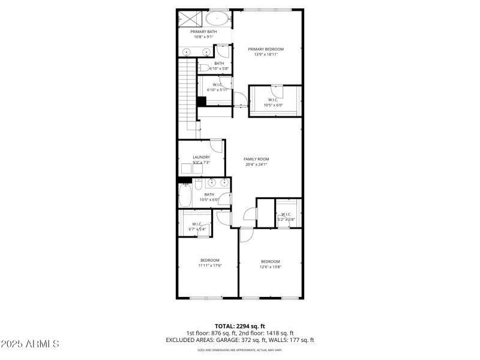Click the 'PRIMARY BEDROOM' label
[266, 49]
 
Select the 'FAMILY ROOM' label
[256, 159]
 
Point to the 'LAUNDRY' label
[201, 157]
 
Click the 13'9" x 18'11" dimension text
[266, 55]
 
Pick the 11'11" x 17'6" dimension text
[211, 265]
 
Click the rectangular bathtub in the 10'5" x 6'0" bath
[185, 195]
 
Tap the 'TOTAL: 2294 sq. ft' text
[240, 326]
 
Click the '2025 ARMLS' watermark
[30, 344]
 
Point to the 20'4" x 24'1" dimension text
[256, 164]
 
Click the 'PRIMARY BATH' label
[203, 32]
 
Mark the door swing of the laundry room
[217, 146]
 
